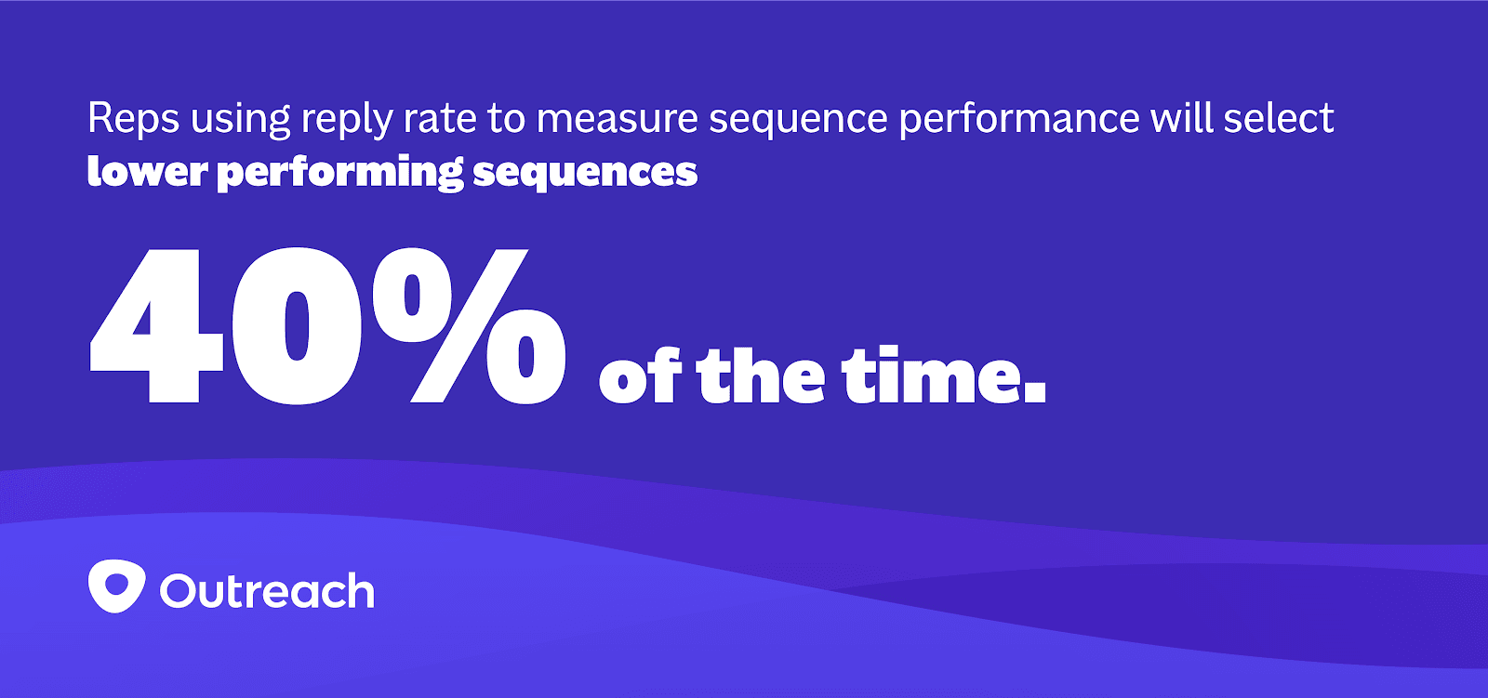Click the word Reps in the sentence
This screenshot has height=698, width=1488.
click(x=134, y=118)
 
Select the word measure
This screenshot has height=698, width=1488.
click(x=618, y=118)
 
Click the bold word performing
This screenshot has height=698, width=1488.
click(x=340, y=173)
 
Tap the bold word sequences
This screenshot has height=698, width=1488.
click(x=585, y=174)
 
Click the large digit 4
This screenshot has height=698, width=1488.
click(x=157, y=325)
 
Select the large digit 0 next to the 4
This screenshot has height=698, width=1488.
click(x=297, y=325)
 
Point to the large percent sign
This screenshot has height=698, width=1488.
click(x=470, y=325)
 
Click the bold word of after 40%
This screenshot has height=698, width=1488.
click(x=639, y=375)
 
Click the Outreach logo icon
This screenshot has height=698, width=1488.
click(x=117, y=586)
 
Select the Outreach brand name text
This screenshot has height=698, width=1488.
click(x=267, y=590)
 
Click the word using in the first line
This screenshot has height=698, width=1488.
click(x=241, y=121)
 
